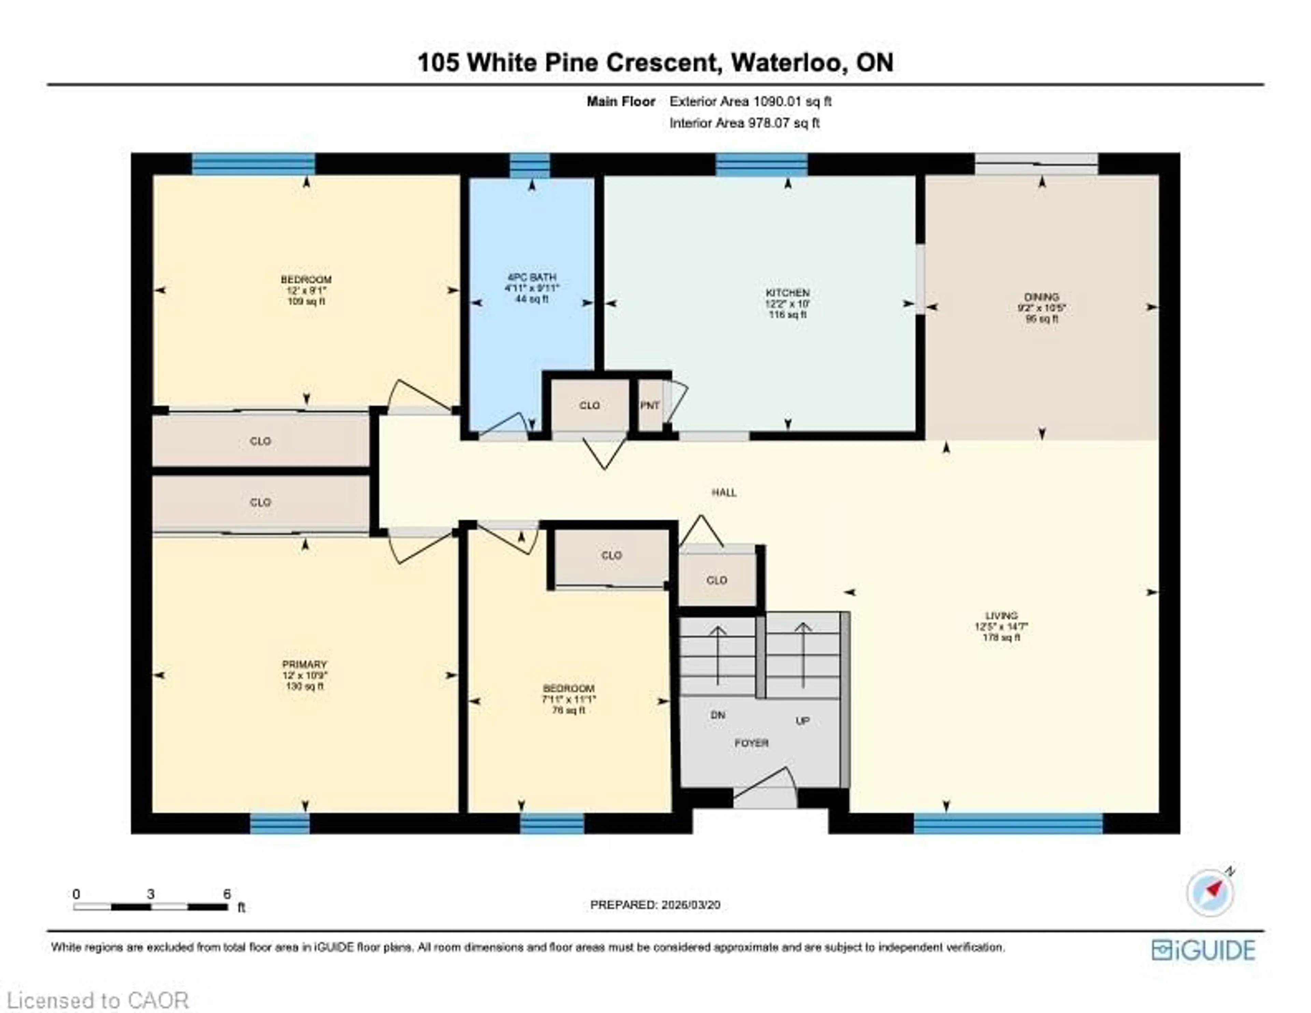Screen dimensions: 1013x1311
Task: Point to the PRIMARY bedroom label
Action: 304,664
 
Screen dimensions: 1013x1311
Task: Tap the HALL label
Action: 724,492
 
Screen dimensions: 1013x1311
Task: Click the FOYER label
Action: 751,743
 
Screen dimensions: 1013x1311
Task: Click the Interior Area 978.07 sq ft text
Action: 744,123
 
